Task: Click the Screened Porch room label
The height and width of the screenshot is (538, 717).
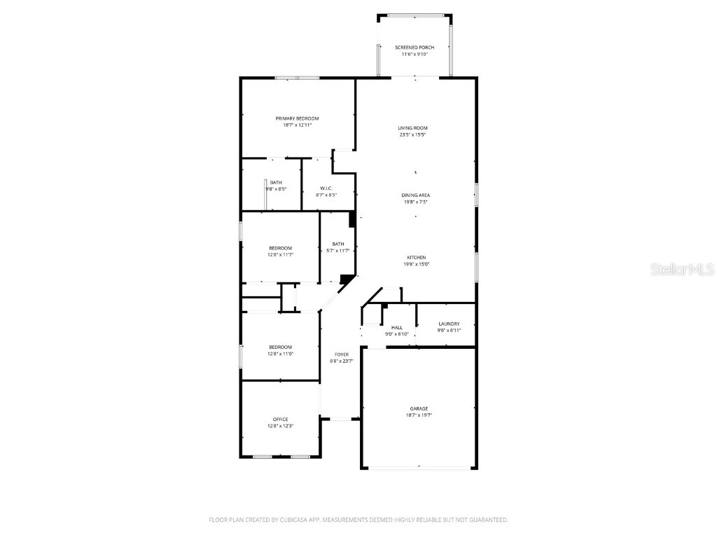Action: (415, 48)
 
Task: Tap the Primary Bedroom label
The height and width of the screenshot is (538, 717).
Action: (297, 118)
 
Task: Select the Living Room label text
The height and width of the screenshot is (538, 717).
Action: (412, 128)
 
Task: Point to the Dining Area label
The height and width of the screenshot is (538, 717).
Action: (415, 195)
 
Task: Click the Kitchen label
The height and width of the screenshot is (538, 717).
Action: (416, 258)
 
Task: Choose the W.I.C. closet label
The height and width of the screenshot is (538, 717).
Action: (326, 188)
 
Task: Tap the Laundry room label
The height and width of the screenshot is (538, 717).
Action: (449, 324)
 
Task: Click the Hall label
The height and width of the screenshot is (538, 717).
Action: (397, 327)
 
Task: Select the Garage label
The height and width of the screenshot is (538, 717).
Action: (419, 408)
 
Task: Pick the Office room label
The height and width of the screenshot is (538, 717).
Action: (280, 420)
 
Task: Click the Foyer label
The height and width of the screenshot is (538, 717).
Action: (342, 354)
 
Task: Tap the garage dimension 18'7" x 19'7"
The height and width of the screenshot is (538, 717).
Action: (419, 415)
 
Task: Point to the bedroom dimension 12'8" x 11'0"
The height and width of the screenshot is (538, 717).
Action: (280, 354)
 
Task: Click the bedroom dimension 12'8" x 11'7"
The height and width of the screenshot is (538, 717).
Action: (280, 255)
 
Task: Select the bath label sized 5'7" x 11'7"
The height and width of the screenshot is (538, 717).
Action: (338, 244)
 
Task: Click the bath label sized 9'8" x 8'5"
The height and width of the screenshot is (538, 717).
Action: (276, 182)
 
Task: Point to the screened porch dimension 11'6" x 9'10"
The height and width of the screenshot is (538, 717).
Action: (415, 54)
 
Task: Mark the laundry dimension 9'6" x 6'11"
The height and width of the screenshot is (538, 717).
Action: (449, 330)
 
